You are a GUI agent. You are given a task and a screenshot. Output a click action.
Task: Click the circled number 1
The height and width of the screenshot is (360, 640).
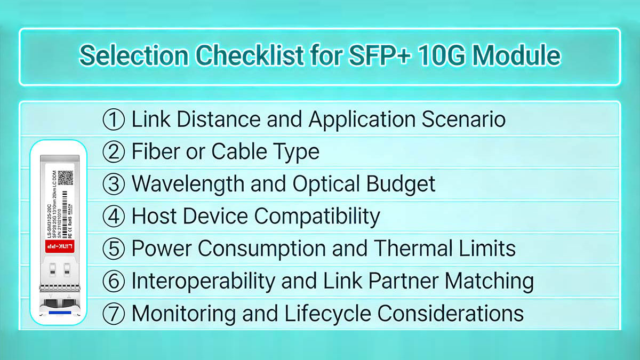113,119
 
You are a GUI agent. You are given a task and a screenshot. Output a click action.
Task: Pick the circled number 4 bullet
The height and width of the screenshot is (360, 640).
113,217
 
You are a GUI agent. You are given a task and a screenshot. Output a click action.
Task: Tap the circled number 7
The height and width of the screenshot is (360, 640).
113,314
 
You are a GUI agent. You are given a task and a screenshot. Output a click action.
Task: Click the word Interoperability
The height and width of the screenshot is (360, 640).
206,281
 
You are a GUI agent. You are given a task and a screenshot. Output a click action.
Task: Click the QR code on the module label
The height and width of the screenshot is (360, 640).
65,178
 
